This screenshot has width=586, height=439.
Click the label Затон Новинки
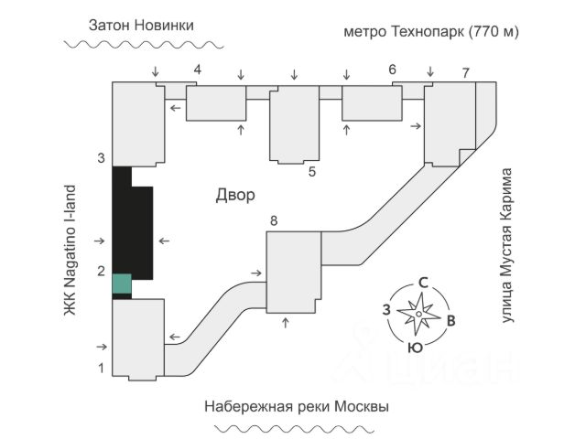pos(141,25)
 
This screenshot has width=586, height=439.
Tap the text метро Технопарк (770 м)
pos(431,31)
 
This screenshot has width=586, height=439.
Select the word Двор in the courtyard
pos(235,195)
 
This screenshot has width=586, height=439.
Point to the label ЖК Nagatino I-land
pos(70,249)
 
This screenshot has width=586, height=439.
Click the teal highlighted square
pos(121,284)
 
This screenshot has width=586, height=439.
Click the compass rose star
pos(418,315)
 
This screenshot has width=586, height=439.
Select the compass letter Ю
pos(415,348)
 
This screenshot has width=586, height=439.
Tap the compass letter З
pos(388,309)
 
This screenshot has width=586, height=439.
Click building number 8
pos(272,220)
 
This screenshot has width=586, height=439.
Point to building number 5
pos(311,170)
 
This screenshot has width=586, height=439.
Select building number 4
pos(197,70)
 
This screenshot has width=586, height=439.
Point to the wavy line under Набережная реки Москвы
pos(295,427)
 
